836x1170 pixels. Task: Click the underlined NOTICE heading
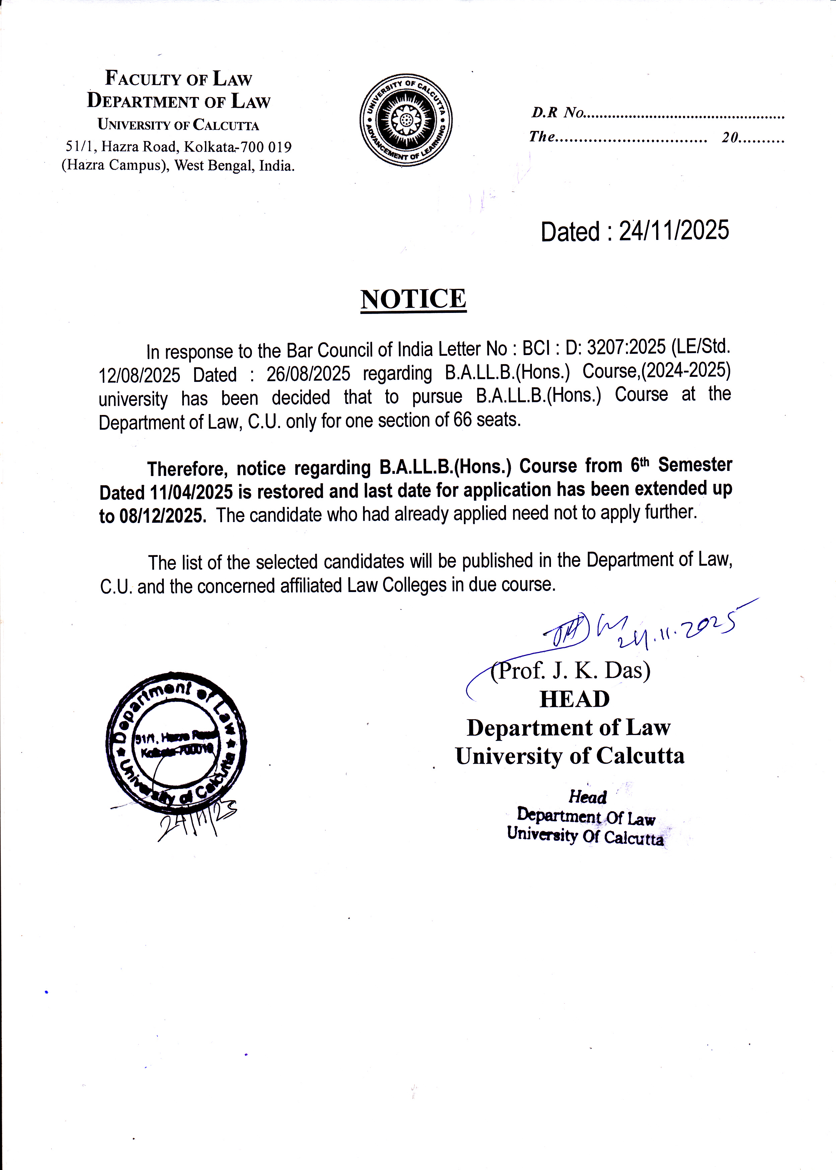pos(413,299)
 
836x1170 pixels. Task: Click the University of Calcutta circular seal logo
pos(406,120)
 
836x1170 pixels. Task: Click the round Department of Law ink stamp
pos(176,743)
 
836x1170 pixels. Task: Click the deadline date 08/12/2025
pos(162,515)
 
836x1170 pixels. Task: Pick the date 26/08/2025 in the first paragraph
pos(308,374)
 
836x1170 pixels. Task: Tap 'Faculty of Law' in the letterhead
pos(179,78)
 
